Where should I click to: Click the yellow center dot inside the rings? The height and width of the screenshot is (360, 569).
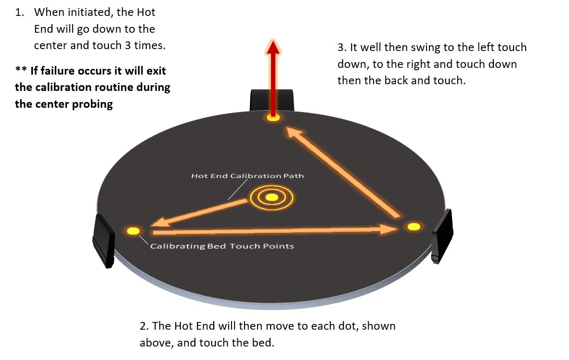272,197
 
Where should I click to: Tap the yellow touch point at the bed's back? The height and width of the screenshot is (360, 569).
273,117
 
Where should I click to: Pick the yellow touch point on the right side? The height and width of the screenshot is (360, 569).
414,226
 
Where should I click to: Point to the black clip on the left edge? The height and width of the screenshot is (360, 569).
103,240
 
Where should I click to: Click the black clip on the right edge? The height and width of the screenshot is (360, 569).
442,235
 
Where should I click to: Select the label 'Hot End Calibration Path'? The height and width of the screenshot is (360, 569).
247,176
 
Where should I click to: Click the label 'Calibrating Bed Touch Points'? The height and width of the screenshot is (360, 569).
222,246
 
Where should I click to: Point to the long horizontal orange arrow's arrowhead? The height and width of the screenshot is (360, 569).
388,230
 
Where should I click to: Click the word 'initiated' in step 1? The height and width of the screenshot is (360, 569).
89,13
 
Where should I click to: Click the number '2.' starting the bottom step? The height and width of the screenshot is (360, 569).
144,326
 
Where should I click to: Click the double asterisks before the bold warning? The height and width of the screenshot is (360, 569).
21,70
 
